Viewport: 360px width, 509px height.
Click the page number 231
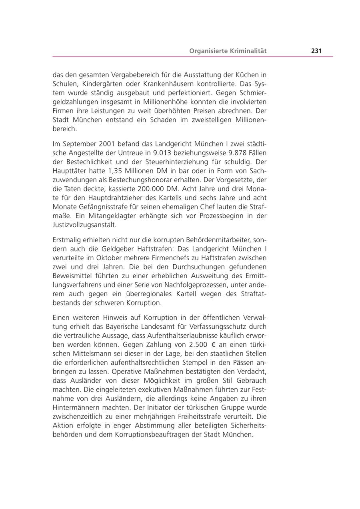(316, 51)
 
